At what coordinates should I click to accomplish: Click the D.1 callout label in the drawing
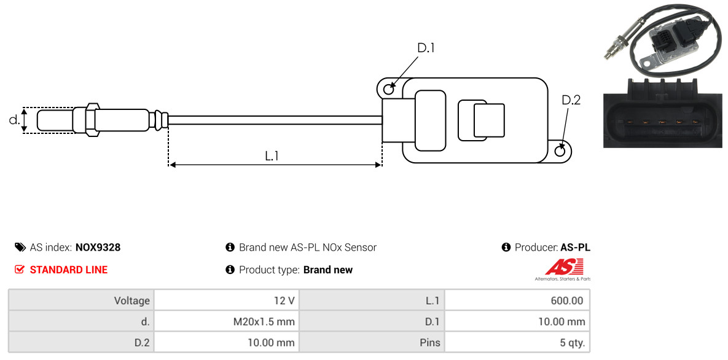[426, 48]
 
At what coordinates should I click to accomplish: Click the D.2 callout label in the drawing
[571, 100]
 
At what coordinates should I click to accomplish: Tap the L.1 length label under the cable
[272, 156]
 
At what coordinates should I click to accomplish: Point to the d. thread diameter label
[14, 120]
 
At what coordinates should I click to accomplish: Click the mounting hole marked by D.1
[388, 90]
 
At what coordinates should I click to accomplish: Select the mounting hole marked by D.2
[560, 151]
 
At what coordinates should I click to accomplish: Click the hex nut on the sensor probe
[90, 119]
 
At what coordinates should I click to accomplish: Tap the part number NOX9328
[98, 248]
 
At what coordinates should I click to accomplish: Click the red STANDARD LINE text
[68, 270]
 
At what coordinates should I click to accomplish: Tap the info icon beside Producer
[506, 248]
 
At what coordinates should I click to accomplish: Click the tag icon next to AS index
[20, 248]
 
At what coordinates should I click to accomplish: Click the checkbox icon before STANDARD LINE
[20, 270]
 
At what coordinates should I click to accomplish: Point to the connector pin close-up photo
[664, 112]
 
